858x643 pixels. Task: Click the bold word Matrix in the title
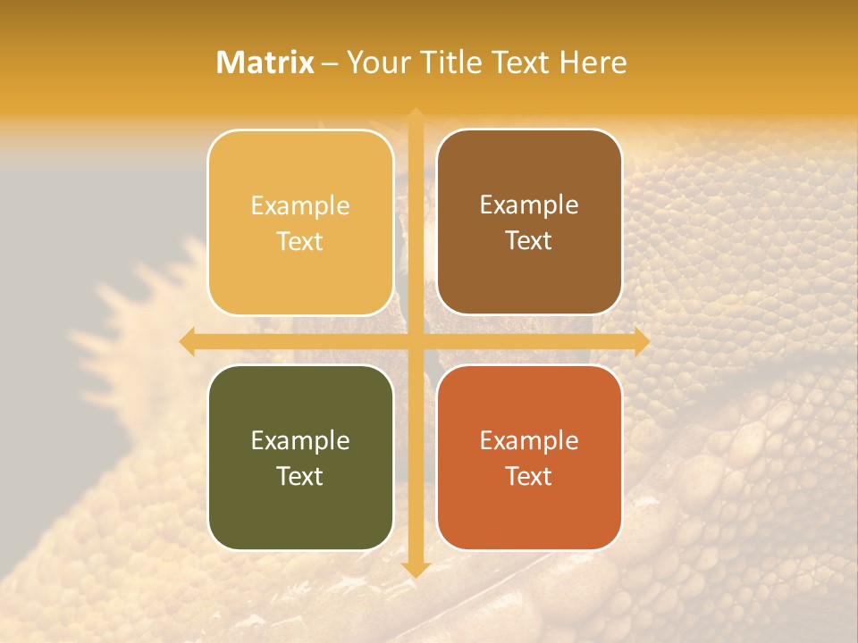pos(265,63)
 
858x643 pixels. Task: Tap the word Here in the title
pos(593,63)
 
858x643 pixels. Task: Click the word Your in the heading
pos(378,63)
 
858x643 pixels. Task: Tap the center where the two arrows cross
pos(416,341)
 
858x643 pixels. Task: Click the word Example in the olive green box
pos(300,440)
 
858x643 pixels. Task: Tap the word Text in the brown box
pos(529,241)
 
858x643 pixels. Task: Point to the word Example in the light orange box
pos(300,205)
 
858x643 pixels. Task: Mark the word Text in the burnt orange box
pos(529,476)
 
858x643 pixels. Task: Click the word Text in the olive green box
pos(300,476)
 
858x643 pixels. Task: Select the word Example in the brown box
pos(529,205)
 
